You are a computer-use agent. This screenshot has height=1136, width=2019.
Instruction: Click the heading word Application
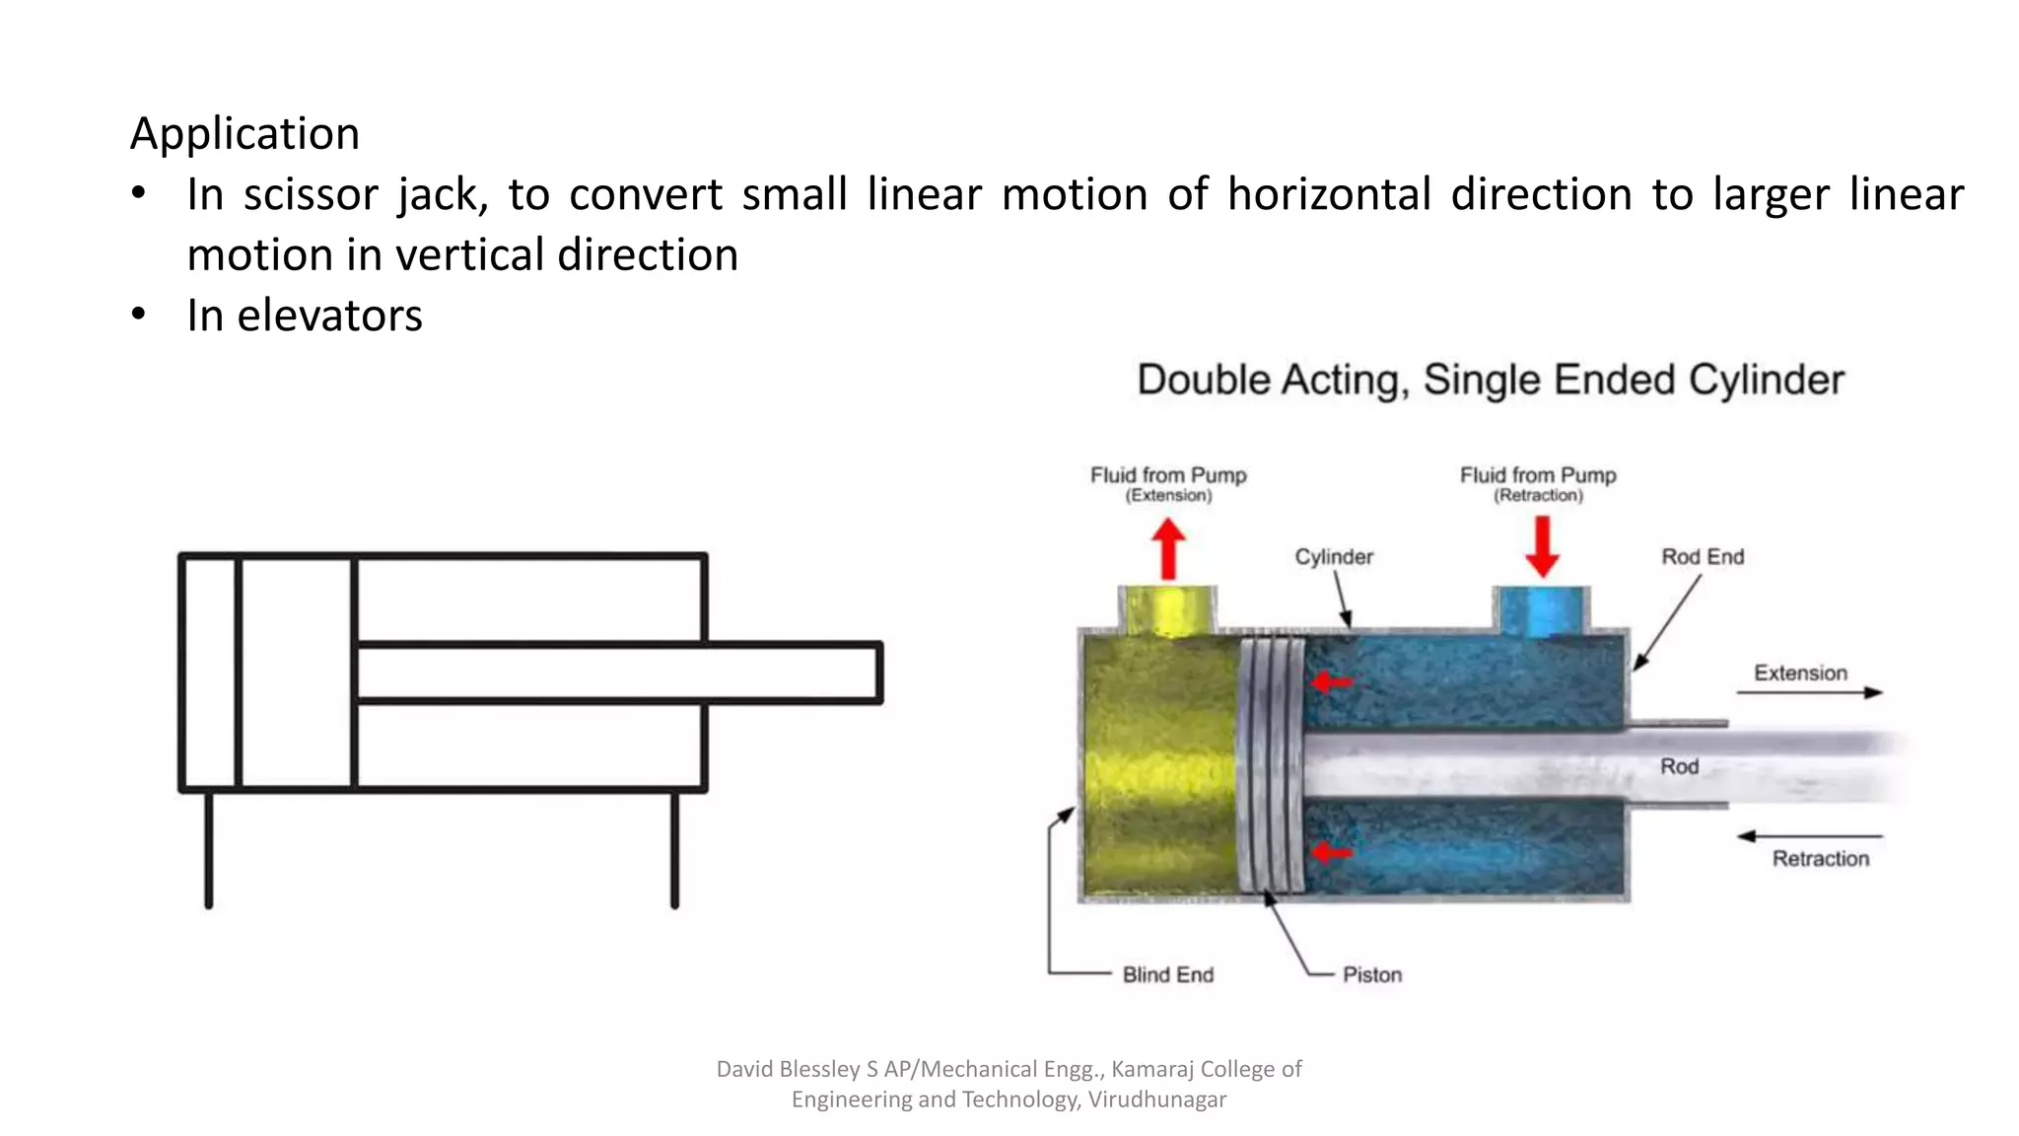244,134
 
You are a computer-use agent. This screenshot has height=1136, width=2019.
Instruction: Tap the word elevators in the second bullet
329,316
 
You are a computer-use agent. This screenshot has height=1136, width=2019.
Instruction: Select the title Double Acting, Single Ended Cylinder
1490,380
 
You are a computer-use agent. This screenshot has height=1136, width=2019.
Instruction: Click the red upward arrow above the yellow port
1168,548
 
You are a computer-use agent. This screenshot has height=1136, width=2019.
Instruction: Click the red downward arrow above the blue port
1542,546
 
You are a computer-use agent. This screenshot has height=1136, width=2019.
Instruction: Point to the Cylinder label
1333,557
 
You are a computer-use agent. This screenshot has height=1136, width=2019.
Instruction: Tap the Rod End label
1703,557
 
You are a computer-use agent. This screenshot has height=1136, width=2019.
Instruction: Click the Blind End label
1167,975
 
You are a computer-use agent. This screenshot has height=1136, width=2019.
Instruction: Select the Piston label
1371,975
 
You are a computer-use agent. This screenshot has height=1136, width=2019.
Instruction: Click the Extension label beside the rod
1800,674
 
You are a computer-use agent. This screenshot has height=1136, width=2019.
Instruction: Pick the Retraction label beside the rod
1820,859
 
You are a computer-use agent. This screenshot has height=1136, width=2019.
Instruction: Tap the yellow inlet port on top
1168,610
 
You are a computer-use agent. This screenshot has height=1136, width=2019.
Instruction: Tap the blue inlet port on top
1542,610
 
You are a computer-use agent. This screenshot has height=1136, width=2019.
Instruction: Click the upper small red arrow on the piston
1330,681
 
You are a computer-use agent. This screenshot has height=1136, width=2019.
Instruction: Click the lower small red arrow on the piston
1330,852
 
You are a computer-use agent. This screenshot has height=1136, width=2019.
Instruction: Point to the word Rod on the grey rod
1679,766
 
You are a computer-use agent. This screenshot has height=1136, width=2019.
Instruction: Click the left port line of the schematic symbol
209,848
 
